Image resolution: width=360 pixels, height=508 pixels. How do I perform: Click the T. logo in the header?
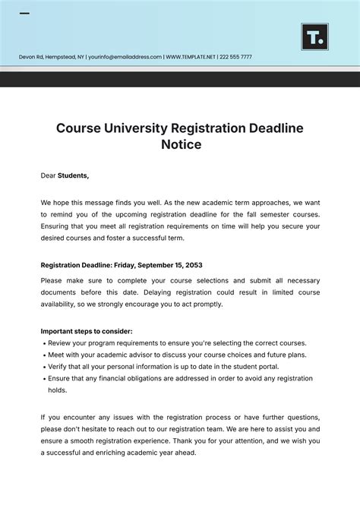[314, 36]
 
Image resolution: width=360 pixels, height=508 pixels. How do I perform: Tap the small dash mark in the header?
[24, 14]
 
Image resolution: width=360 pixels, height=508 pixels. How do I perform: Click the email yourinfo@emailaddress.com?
[125, 57]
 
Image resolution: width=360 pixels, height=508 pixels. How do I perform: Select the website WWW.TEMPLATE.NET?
[191, 57]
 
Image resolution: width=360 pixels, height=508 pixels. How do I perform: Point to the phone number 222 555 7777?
[237, 57]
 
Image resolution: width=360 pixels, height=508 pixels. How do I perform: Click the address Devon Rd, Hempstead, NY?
[51, 57]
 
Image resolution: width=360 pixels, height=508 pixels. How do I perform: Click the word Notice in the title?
[180, 144]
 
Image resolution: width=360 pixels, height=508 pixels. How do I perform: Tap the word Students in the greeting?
[73, 175]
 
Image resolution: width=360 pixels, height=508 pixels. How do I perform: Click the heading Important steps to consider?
[87, 331]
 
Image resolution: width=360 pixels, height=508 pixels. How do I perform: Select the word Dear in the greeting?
[48, 175]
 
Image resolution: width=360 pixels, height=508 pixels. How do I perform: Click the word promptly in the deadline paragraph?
[206, 304]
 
